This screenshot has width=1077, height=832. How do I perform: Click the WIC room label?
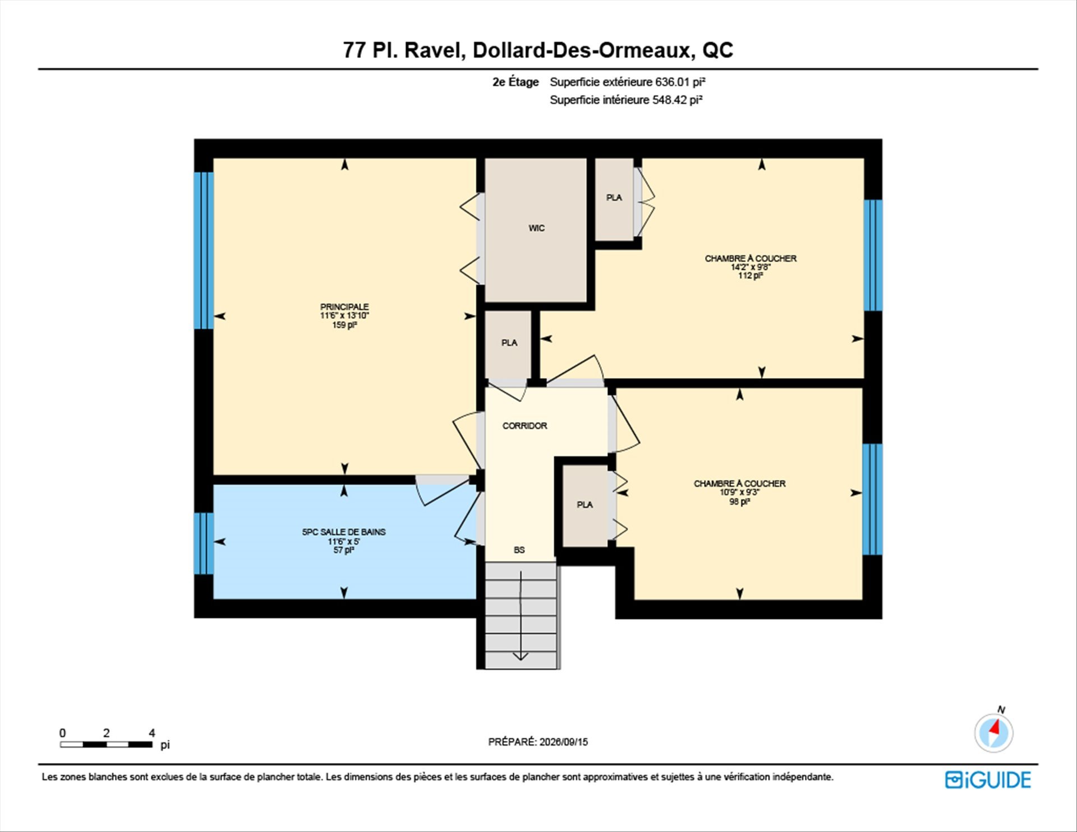tap(536, 228)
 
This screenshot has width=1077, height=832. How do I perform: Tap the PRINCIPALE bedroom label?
tap(344, 306)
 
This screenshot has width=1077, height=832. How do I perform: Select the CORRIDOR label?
tap(524, 426)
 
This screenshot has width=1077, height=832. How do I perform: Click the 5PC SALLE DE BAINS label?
tap(344, 532)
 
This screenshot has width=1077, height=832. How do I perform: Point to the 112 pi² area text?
tap(751, 276)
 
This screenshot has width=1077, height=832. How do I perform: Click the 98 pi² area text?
tap(739, 502)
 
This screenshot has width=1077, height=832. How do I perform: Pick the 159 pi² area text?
tap(344, 325)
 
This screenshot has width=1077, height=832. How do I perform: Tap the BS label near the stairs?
tap(519, 550)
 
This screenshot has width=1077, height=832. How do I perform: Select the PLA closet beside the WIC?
tap(614, 199)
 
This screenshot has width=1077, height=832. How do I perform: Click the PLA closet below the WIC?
tap(509, 344)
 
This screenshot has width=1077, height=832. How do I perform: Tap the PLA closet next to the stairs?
tap(585, 505)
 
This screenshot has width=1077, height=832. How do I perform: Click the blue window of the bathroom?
tap(204, 543)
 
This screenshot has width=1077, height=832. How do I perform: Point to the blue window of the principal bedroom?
tap(204, 250)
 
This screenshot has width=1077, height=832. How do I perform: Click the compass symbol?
tap(994, 733)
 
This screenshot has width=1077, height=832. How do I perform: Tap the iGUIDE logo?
tap(988, 780)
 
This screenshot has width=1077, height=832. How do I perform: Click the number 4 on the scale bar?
tap(152, 733)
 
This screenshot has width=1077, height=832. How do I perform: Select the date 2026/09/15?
tap(564, 742)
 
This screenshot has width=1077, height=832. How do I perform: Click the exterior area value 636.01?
tap(673, 82)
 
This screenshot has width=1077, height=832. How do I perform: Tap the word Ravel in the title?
tap(434, 50)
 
